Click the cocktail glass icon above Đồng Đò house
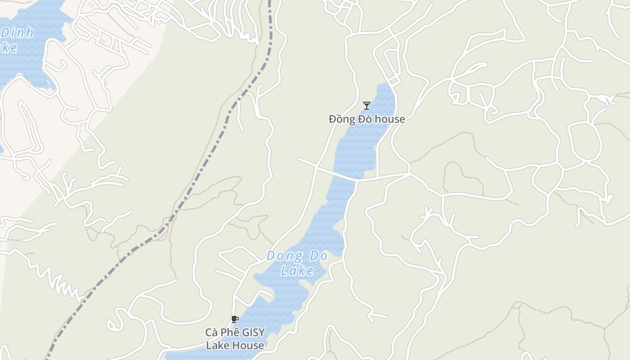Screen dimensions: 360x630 367,106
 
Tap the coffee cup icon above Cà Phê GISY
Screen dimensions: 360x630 234,319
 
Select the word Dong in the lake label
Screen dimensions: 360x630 284,256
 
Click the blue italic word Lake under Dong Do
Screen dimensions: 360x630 297,270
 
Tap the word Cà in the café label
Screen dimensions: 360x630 212,333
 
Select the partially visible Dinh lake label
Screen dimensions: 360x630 17,33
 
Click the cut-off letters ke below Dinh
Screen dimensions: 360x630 9,47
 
